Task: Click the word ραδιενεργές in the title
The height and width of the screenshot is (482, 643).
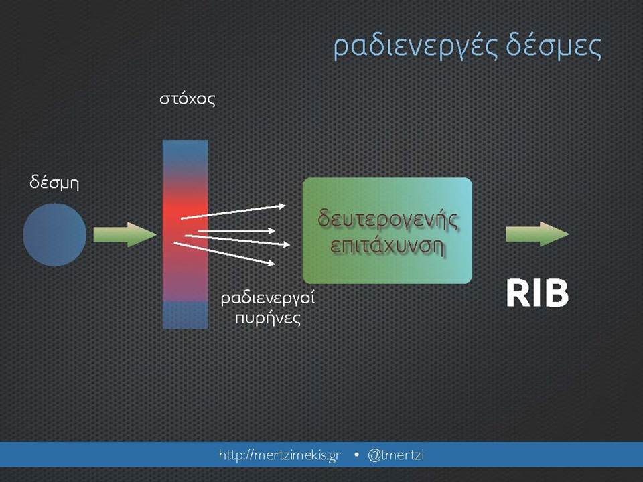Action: click(x=415, y=48)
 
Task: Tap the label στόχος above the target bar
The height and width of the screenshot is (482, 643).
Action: click(x=188, y=99)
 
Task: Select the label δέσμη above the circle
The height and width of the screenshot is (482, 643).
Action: click(x=54, y=183)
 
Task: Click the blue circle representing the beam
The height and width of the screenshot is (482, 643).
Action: click(x=54, y=235)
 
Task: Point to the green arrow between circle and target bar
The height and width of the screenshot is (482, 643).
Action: click(x=125, y=234)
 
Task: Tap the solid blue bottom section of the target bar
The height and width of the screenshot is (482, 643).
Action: click(x=185, y=315)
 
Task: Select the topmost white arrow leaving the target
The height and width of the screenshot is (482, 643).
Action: click(x=233, y=212)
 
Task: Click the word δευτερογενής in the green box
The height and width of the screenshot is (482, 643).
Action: click(x=388, y=220)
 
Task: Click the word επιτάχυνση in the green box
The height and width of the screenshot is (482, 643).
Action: click(x=387, y=246)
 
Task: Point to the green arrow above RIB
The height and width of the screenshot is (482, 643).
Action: click(x=537, y=234)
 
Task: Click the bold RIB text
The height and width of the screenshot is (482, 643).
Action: click(x=537, y=293)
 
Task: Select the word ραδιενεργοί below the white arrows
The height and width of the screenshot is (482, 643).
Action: click(x=268, y=298)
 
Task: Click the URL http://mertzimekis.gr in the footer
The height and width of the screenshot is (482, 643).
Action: click(x=280, y=455)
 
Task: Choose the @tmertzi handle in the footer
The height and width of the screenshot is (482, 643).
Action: click(x=396, y=455)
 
